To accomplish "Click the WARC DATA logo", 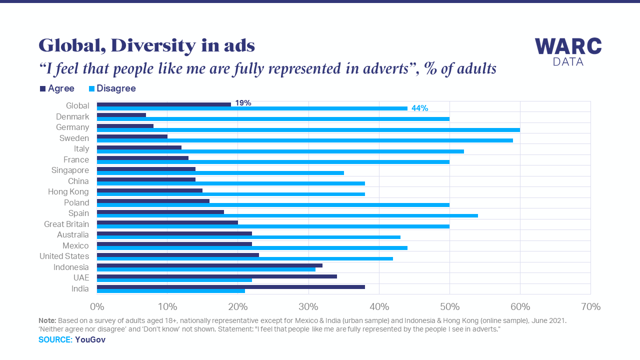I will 568,51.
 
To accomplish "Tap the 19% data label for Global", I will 243,103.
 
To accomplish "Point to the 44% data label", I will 419,108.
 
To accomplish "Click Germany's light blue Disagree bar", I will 308,129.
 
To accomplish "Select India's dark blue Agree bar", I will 230,286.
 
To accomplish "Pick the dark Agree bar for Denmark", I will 121,115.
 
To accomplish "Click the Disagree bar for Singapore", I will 220,172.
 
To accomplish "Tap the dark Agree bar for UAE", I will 216,276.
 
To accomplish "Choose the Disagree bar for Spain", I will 287,215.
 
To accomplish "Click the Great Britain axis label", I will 66,224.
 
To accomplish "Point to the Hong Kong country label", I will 68,191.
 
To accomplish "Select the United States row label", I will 64,256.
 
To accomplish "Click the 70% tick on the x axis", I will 590,306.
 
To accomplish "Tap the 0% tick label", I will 96,306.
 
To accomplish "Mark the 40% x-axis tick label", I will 379,306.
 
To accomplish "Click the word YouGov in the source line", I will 90,339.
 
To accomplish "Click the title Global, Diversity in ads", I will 146,45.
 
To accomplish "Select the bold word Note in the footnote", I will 47,320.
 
